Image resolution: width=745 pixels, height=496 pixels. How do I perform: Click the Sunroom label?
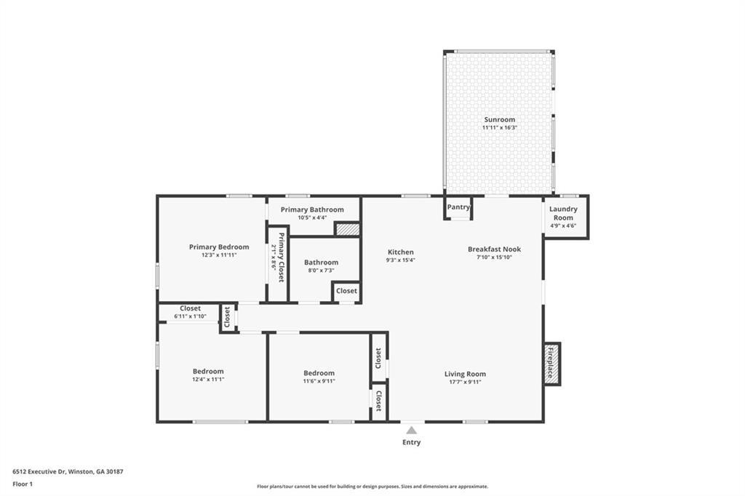pos(499,119)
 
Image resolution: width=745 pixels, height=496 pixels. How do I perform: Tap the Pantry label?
pos(458,207)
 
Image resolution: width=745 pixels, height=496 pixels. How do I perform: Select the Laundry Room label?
pos(563,213)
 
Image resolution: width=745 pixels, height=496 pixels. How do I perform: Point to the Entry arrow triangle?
pos(411,430)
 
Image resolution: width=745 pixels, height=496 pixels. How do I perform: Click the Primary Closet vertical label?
pos(278,257)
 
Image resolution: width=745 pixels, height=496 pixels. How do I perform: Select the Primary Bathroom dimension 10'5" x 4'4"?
pos(312,217)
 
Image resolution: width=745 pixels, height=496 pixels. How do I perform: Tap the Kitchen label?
pos(400,252)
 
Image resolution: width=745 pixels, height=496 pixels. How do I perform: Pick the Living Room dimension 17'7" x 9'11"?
pos(465,382)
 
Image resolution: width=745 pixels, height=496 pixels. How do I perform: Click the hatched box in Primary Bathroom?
pos(347,229)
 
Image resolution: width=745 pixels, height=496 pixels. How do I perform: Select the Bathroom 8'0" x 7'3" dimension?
pos(321,271)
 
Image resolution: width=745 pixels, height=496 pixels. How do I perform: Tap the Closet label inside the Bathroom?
pos(346,291)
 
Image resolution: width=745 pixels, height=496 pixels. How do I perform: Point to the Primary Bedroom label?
pos(219,247)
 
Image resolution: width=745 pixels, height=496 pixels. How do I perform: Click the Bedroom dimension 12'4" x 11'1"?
pos(208,379)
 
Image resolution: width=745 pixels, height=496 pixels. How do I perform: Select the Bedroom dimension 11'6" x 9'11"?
pos(319,381)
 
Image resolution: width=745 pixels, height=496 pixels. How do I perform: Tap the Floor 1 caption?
pos(23,484)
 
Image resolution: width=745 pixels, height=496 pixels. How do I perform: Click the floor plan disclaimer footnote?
pos(372,487)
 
